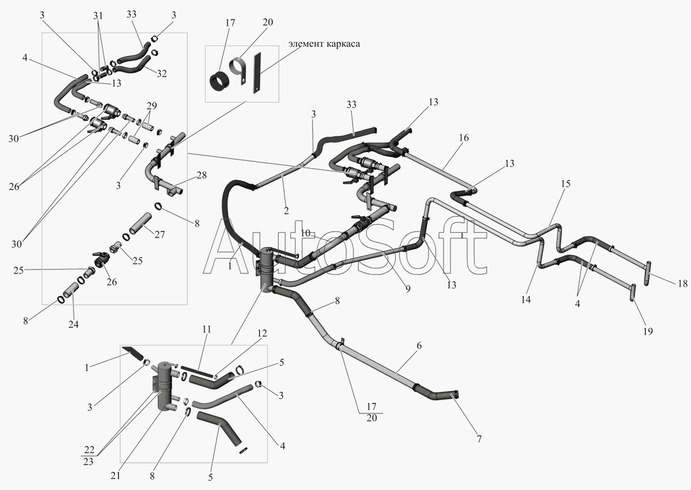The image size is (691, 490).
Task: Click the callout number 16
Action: pos(464,138)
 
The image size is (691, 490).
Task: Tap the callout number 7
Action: pos(479,439)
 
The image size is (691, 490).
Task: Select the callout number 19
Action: pos(648,332)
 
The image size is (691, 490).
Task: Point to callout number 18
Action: pos(683,283)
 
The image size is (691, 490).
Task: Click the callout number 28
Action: pos(201,175)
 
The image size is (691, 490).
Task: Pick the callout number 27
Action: pos(160,235)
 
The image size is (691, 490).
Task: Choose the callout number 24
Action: pos(74,324)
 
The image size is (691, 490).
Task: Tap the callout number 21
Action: pos(115,476)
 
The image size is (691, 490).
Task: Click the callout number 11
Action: pos(207,329)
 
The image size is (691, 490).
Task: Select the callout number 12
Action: pos(262,333)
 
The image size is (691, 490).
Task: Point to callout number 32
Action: pos(161,73)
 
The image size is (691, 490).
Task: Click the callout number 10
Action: pos(305,233)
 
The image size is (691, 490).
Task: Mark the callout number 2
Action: pos(286,211)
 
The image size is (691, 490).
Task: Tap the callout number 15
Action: pos(565,184)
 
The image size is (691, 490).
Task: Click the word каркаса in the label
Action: pos(344,44)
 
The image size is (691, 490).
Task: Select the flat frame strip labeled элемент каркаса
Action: pos(257,73)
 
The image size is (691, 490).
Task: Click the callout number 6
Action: pos(419,345)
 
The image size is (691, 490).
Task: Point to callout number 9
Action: pos(408,289)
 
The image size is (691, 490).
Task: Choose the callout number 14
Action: pos(526,299)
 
